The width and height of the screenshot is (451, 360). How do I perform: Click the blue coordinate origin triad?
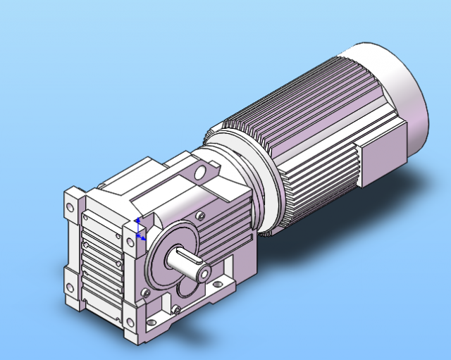click(x=139, y=230)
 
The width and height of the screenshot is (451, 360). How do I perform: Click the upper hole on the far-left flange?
click(x=71, y=209)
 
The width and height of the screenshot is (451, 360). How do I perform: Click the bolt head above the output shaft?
click(x=202, y=216)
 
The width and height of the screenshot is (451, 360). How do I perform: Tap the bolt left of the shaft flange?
click(x=146, y=291)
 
